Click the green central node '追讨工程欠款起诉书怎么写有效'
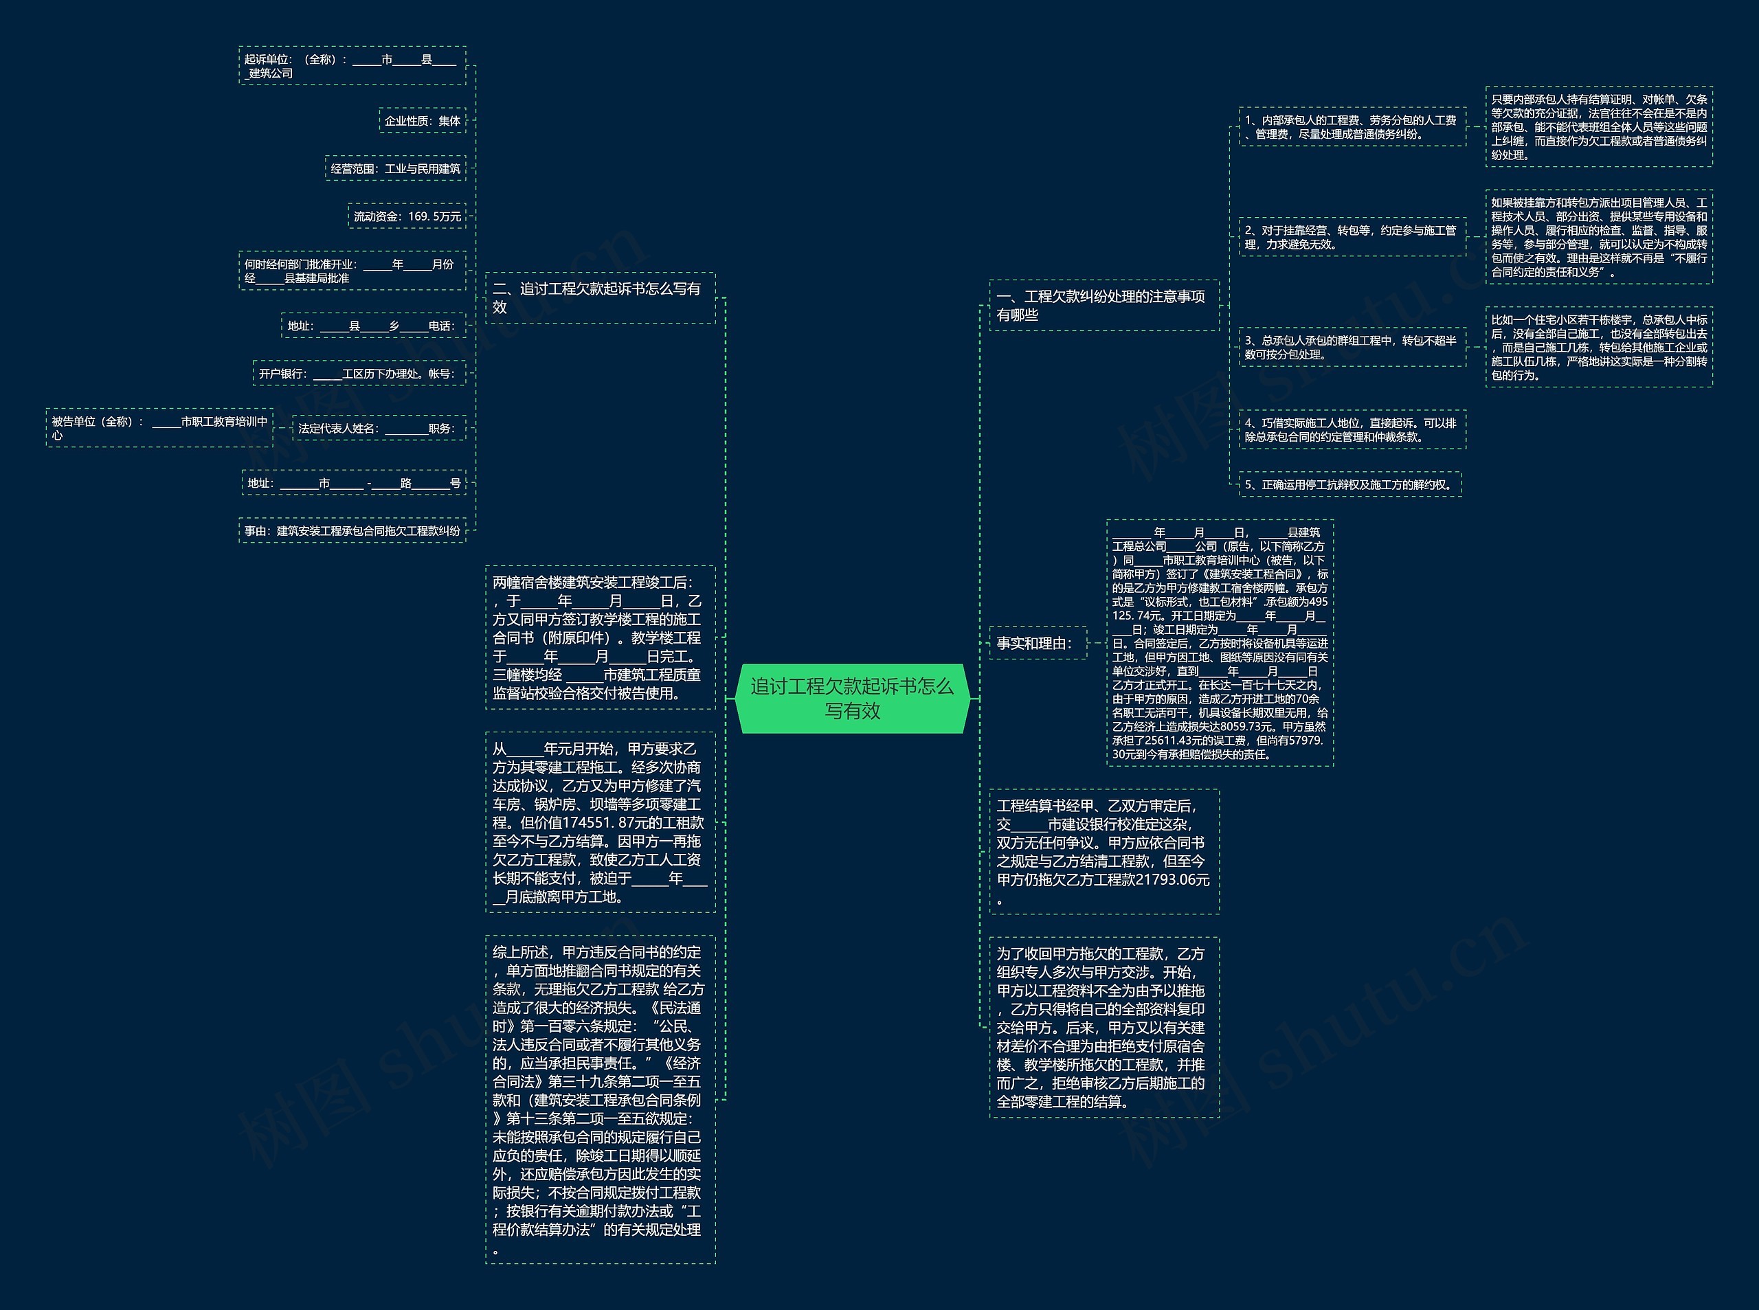853,698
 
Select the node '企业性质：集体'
422,120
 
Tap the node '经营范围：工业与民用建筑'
395,168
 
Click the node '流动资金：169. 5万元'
407,216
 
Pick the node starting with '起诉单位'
352,66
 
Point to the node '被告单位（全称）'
159,428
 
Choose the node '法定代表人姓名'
379,428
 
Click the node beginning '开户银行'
359,374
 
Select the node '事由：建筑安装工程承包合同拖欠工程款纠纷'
352,530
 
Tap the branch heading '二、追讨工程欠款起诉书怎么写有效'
600,298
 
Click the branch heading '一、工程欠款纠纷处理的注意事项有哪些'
1103,305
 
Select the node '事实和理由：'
1038,643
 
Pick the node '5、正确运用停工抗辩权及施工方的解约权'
1349,484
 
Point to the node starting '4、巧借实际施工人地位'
1352,430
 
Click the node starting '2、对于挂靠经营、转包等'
1352,237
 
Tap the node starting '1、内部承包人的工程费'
1352,127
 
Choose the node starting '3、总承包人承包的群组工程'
1352,348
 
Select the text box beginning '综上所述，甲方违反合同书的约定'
600,1100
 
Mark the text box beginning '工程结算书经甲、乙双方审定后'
1103,852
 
